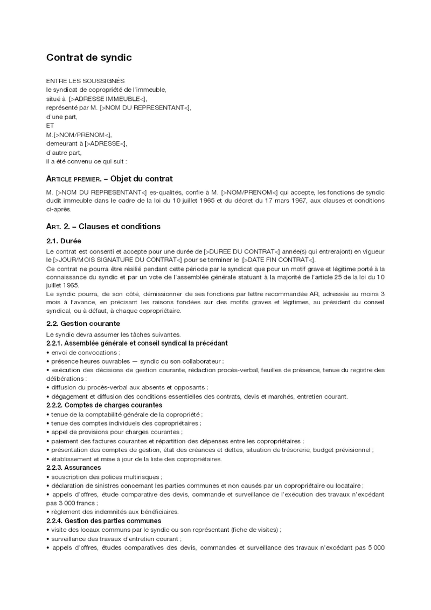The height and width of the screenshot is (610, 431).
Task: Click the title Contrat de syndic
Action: coord(89,57)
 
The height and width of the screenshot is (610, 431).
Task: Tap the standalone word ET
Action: coord(51,125)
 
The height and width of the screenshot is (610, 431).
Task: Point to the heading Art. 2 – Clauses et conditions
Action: coord(103,227)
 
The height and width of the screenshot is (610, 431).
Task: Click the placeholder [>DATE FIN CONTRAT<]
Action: coord(282,259)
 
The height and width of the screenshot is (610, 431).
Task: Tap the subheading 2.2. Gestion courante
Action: coord(83,324)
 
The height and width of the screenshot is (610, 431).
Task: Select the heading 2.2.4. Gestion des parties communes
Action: coord(104,520)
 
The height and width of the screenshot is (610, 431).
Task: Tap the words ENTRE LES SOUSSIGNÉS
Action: coord(85,80)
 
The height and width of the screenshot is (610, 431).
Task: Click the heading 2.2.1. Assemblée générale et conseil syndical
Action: coord(137,343)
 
